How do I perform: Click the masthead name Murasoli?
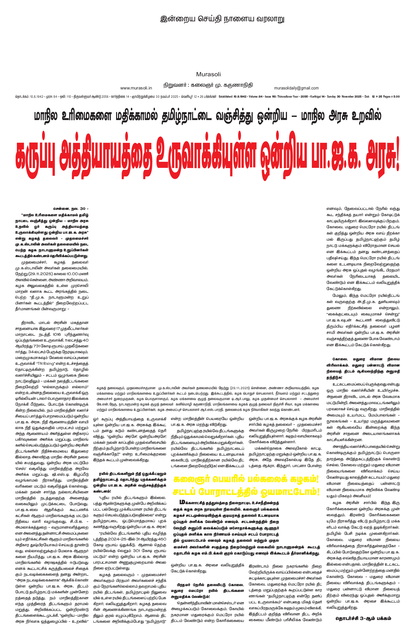tap(208, 74)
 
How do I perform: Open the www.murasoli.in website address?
tap(136, 88)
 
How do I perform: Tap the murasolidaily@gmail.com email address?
tap(296, 88)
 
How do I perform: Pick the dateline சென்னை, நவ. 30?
tap(70, 209)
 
